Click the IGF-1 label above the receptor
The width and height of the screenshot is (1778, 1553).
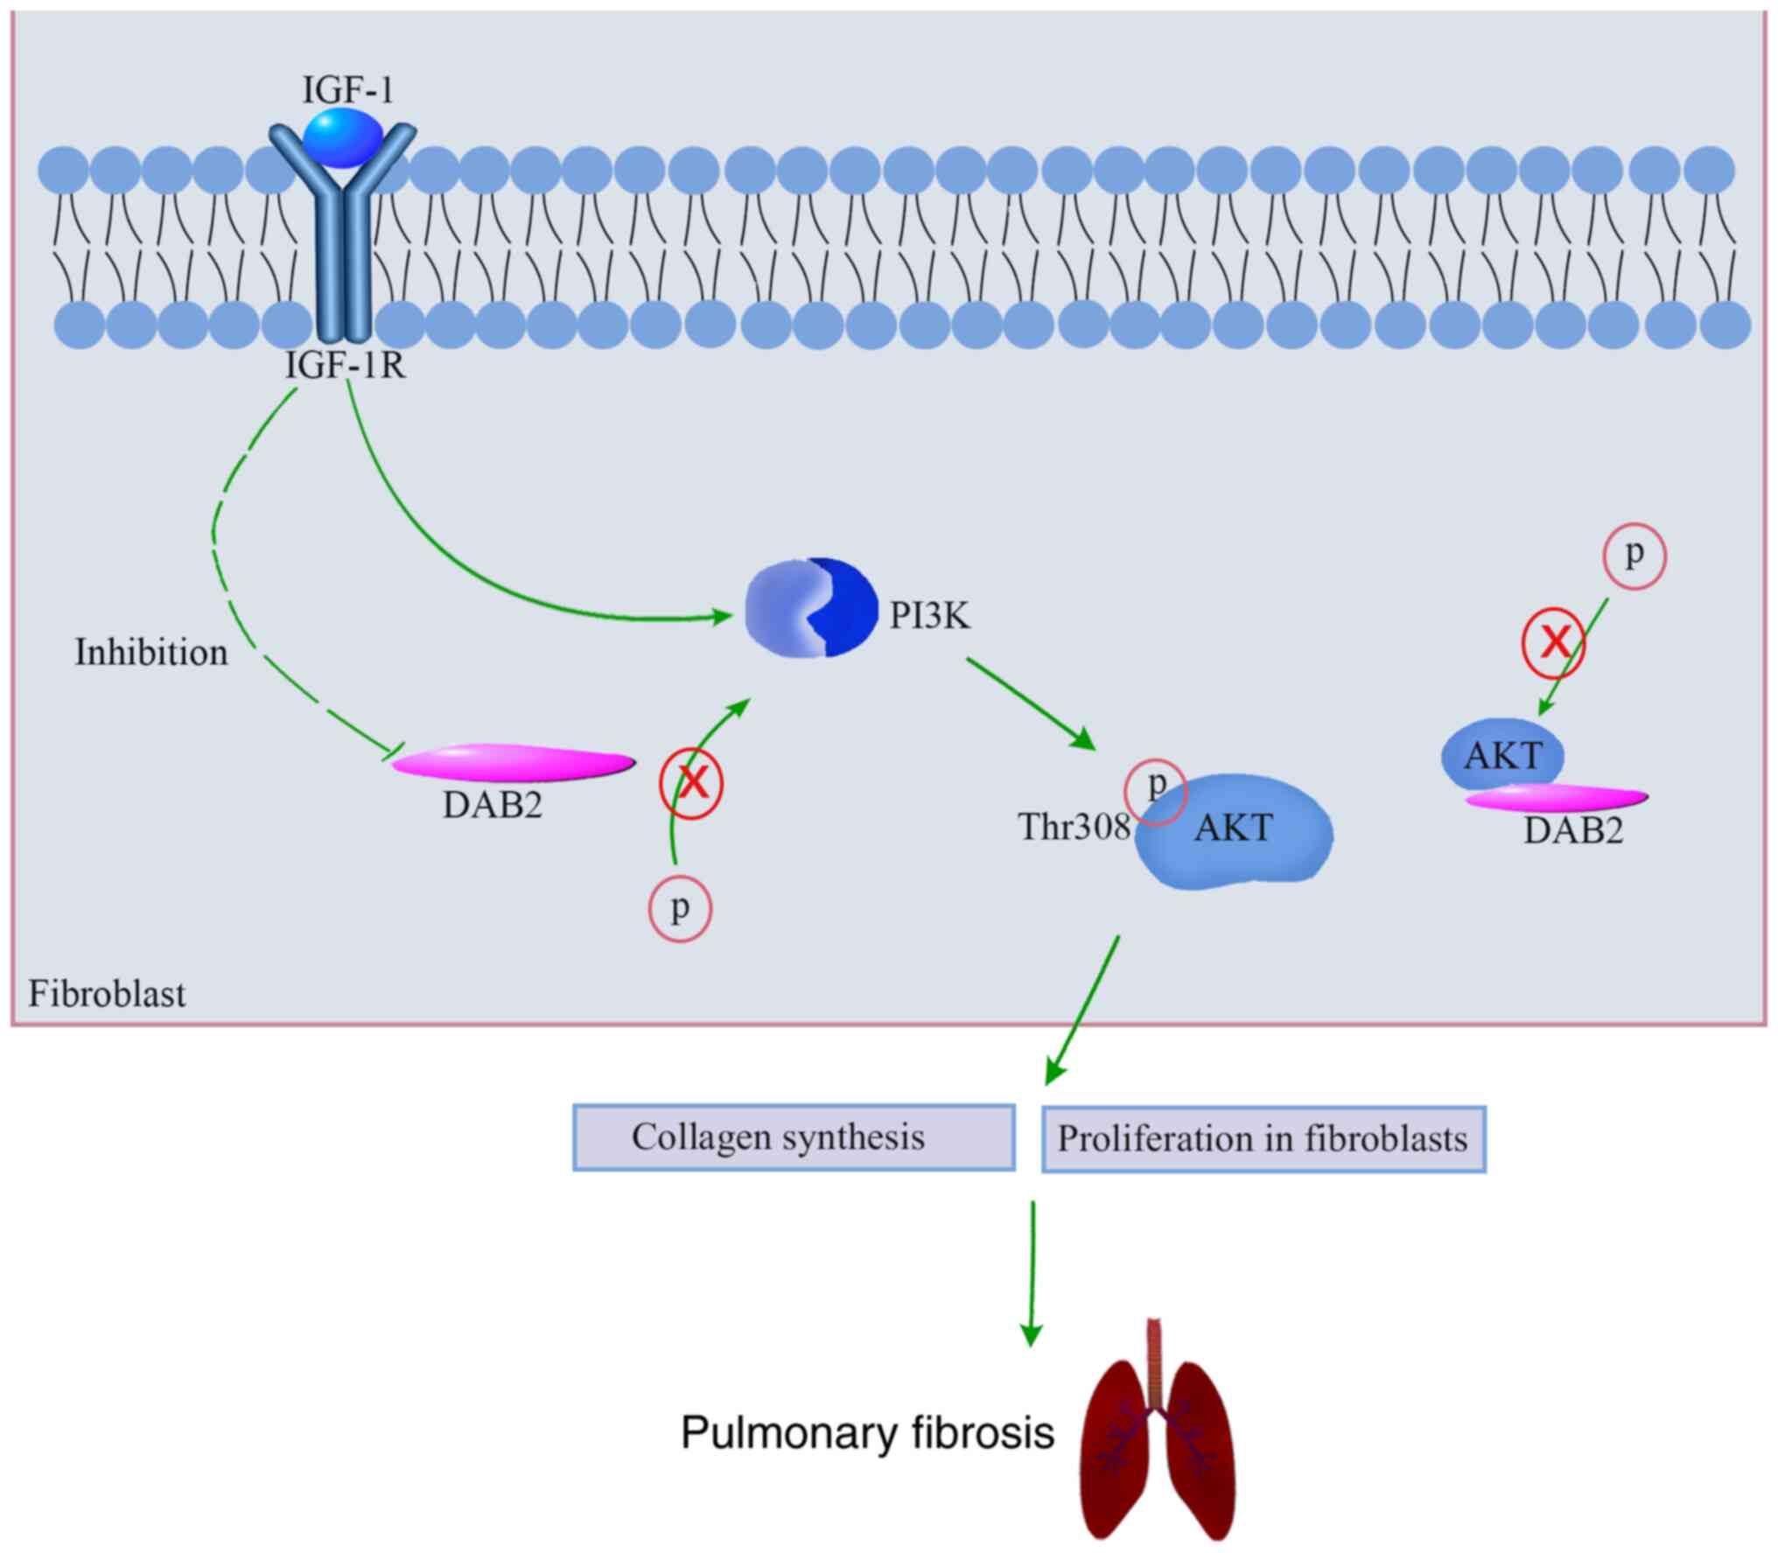(x=347, y=90)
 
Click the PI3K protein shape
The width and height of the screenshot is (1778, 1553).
(x=811, y=608)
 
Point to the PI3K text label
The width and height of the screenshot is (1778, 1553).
(x=929, y=617)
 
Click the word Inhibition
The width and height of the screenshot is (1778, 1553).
(x=151, y=653)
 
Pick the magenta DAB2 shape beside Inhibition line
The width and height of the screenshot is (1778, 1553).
(x=514, y=762)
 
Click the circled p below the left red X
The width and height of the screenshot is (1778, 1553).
(x=680, y=910)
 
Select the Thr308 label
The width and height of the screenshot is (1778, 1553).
(x=1074, y=827)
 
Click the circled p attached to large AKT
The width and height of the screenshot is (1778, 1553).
(x=1156, y=791)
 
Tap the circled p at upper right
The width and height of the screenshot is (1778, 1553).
(x=1634, y=556)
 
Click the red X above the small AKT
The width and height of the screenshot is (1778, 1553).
(x=1554, y=643)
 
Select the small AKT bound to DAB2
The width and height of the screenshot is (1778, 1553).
(x=1502, y=754)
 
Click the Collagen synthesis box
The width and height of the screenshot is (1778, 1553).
(x=794, y=1137)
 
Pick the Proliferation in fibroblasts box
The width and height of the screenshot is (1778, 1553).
(x=1263, y=1138)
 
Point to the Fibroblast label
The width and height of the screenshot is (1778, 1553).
(x=107, y=994)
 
